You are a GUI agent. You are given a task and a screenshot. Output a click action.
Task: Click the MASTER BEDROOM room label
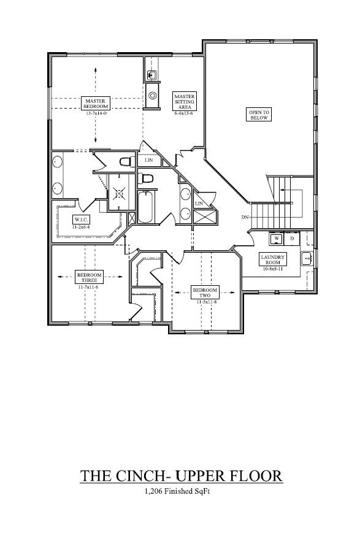pyautogui.click(x=95, y=103)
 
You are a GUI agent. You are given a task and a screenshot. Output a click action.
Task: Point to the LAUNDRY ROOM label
pyautogui.click(x=272, y=259)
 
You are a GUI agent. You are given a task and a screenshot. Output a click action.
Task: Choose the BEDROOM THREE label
pyautogui.click(x=90, y=277)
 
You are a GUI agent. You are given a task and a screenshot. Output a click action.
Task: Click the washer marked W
pyautogui.click(x=277, y=238)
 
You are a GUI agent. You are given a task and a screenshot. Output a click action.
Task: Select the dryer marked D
pyautogui.click(x=292, y=238)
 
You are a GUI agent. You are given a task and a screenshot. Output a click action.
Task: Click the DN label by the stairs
pyautogui.click(x=245, y=218)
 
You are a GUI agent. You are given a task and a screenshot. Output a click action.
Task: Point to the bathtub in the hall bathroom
pyautogui.click(x=145, y=207)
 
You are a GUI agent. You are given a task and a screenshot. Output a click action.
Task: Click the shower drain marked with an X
pyautogui.click(x=119, y=193)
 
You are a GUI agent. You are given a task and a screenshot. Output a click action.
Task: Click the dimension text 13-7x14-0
pyautogui.click(x=96, y=113)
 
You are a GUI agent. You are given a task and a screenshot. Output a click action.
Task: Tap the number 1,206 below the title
pyautogui.click(x=156, y=491)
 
